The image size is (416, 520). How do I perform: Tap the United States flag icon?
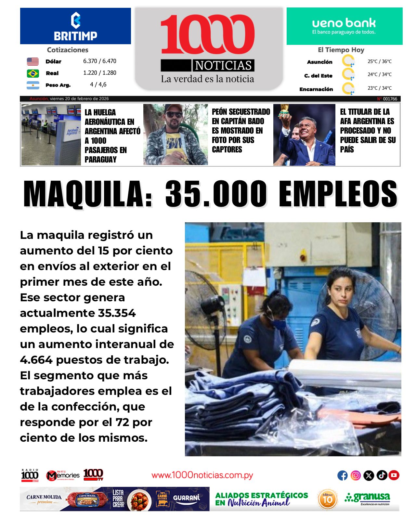pyautogui.click(x=33, y=61)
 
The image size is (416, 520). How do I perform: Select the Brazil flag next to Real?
pyautogui.click(x=33, y=73)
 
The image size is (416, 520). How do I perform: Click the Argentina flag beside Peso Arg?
pyautogui.click(x=33, y=85)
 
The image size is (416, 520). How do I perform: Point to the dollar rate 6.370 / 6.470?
pyautogui.click(x=99, y=61)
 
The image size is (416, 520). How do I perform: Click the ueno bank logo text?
pyautogui.click(x=344, y=23)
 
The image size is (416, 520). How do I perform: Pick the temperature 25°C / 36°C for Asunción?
pyautogui.click(x=379, y=61)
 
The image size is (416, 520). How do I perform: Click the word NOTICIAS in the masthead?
pyautogui.click(x=223, y=65)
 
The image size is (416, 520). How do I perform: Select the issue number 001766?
pyautogui.click(x=390, y=99)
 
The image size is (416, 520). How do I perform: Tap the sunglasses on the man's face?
pyautogui.click(x=174, y=114)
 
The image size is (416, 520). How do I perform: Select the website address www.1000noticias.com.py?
pyautogui.click(x=202, y=475)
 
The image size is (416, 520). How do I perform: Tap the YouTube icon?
pyautogui.click(x=394, y=475)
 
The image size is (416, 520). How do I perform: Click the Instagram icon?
pyautogui.click(x=356, y=475)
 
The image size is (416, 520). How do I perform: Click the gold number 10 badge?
pyautogui.click(x=328, y=499)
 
